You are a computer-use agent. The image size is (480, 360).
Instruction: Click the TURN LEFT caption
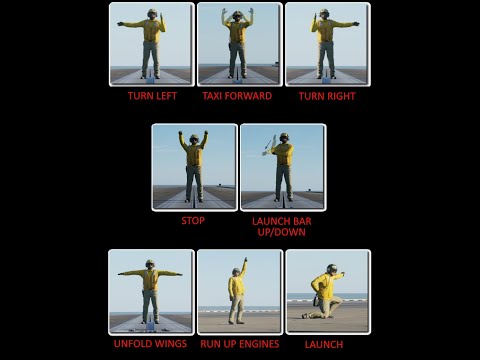(x=152, y=96)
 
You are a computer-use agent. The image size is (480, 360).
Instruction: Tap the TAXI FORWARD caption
(x=237, y=96)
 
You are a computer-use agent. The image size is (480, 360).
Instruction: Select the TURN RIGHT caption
(x=327, y=96)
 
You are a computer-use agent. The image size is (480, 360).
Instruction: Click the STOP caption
(x=193, y=221)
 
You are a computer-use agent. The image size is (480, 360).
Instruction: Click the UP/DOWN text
(x=281, y=232)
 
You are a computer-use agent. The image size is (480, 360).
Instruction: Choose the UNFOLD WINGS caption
(x=150, y=344)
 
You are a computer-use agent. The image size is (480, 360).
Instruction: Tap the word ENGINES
(x=259, y=344)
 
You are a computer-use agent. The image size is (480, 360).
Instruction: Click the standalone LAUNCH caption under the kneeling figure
(x=324, y=344)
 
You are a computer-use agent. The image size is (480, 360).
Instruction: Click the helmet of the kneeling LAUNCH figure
(x=332, y=268)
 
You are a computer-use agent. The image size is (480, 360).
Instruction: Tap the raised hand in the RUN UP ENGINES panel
(x=246, y=259)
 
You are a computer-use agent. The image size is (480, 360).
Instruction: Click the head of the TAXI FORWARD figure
(x=237, y=15)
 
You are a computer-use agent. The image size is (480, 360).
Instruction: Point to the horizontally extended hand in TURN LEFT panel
(x=120, y=24)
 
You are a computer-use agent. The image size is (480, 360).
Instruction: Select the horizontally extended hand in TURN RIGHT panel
(x=356, y=24)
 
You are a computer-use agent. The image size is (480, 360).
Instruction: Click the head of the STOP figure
(x=194, y=139)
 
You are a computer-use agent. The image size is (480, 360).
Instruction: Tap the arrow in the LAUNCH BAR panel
(x=268, y=145)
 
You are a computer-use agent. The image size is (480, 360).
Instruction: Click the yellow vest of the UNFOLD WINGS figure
(x=150, y=279)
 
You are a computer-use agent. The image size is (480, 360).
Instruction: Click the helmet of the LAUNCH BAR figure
(x=284, y=137)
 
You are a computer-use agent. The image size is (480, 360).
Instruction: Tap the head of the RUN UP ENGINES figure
(x=236, y=272)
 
